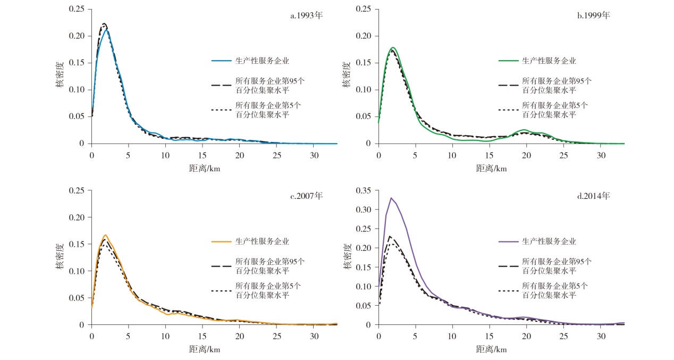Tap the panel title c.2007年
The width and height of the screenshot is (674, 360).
[306, 196]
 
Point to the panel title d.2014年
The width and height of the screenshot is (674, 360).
[593, 196]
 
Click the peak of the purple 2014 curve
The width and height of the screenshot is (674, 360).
[391, 198]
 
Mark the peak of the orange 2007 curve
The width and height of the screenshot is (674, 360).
[105, 235]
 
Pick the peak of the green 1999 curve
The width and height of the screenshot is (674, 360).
[393, 47]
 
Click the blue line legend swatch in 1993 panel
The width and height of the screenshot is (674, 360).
[222, 61]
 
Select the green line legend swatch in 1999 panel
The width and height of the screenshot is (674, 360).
[509, 61]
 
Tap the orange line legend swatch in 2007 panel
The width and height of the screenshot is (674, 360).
[222, 241]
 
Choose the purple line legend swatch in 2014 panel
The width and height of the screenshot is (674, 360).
[509, 241]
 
